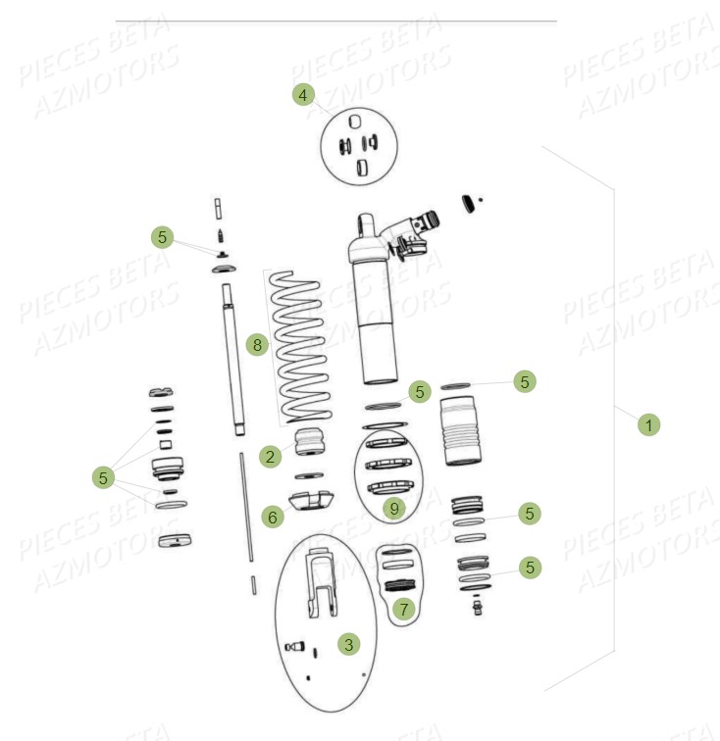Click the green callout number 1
click(x=647, y=424)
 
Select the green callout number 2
click(x=270, y=456)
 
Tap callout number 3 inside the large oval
click(x=347, y=644)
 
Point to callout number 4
click(x=303, y=95)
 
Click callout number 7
click(x=402, y=609)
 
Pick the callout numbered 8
click(x=257, y=345)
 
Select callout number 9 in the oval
click(x=393, y=508)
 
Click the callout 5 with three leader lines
click(x=103, y=477)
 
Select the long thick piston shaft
click(x=233, y=358)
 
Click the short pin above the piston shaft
click(x=218, y=210)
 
